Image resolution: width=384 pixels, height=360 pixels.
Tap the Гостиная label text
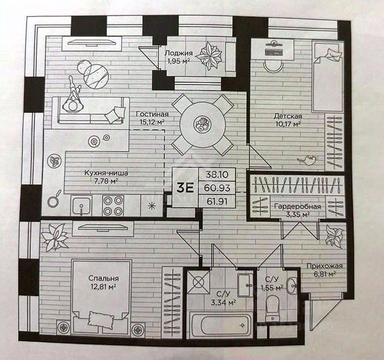pyautogui.click(x=152, y=114)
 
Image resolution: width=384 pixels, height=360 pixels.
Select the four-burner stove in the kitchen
pyautogui.click(x=113, y=205)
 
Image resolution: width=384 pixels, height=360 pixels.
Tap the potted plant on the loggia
pyautogui.click(x=211, y=56)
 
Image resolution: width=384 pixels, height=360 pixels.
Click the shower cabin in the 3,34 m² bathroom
pyautogui.click(x=199, y=281)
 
